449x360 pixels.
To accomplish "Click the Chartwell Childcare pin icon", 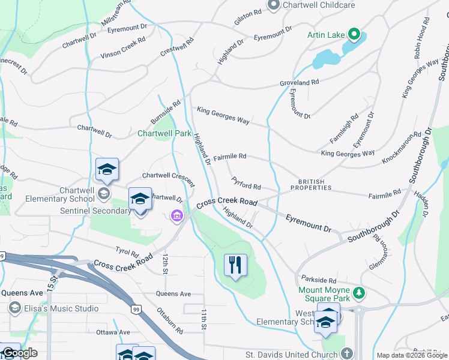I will (274, 5).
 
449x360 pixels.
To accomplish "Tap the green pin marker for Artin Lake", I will (354, 35).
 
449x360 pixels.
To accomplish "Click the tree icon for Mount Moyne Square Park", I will (358, 292).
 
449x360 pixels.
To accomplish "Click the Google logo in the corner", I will (19, 353).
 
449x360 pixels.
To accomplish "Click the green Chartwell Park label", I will (164, 133).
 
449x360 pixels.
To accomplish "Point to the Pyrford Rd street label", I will (246, 186).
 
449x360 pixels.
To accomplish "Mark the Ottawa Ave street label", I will (116, 332).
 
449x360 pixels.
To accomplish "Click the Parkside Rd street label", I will (319, 280).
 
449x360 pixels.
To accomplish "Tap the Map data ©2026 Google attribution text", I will (412, 355).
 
